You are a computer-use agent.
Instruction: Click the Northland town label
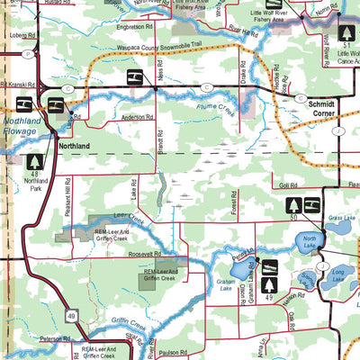(x=73, y=146)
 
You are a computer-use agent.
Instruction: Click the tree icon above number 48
(x=35, y=161)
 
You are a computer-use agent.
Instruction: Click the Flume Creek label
(x=203, y=112)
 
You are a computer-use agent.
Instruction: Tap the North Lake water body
(x=307, y=241)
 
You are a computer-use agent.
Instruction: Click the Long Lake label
(x=337, y=270)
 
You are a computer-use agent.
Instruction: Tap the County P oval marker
(x=30, y=54)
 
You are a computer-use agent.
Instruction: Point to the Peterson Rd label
(x=54, y=338)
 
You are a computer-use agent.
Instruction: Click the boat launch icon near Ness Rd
(x=134, y=78)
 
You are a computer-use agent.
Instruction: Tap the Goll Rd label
(x=288, y=184)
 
